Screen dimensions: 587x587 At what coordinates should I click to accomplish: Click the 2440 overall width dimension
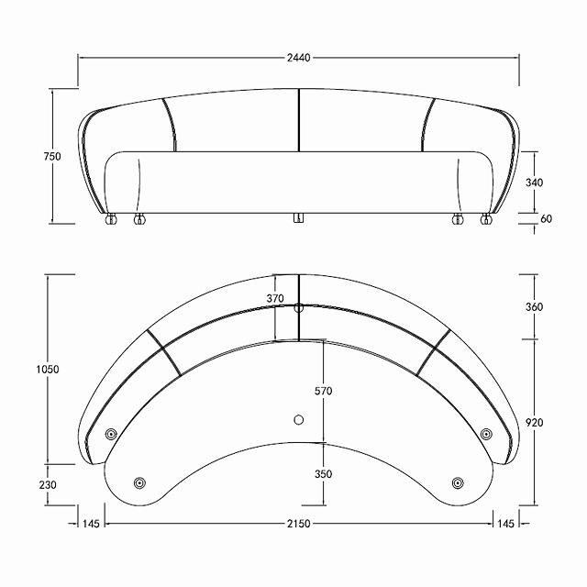click(x=299, y=58)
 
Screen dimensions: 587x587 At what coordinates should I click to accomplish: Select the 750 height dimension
click(x=52, y=156)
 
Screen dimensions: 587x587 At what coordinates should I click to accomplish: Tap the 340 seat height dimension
click(x=534, y=183)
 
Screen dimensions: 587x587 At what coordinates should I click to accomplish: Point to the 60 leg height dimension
click(x=547, y=218)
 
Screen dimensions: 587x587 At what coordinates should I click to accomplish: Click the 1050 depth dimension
click(x=48, y=370)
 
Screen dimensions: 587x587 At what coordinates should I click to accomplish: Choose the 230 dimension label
click(x=48, y=485)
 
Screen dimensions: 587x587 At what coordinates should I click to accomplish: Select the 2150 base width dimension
click(x=299, y=524)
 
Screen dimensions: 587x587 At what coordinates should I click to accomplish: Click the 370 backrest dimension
click(x=275, y=298)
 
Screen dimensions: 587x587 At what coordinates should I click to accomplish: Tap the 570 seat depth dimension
click(x=323, y=391)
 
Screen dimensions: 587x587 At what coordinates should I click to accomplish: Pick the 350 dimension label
click(x=323, y=474)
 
